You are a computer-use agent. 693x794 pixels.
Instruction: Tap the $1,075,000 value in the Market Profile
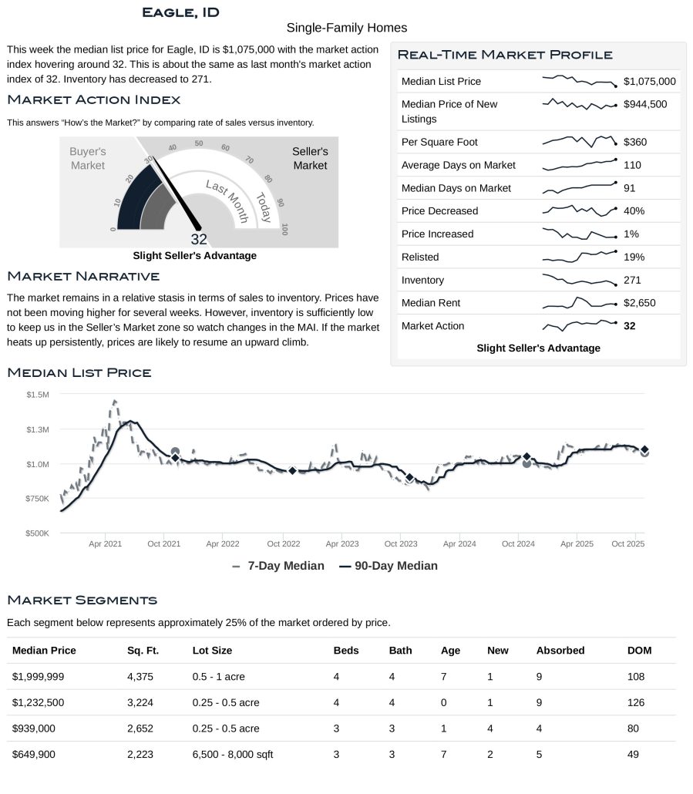click(x=649, y=81)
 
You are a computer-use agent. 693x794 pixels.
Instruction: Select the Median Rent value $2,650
click(x=639, y=303)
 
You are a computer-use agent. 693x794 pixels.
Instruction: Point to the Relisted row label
click(x=420, y=257)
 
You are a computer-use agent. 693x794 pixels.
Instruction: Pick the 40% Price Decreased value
click(x=634, y=210)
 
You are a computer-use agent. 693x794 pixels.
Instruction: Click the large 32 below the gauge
click(x=199, y=239)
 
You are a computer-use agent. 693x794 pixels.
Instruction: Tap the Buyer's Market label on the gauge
click(x=88, y=158)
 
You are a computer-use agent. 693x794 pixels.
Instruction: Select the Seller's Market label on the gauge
click(x=310, y=158)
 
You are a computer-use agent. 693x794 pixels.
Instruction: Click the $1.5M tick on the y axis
click(x=38, y=395)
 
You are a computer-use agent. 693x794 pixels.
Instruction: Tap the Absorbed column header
click(x=560, y=650)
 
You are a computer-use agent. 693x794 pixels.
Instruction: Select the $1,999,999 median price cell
click(x=38, y=676)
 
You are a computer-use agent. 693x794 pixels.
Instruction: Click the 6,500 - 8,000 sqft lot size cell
click(x=233, y=754)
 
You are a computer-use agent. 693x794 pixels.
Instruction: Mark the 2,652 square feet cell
click(x=143, y=728)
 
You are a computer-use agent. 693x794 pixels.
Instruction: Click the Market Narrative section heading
click(x=83, y=276)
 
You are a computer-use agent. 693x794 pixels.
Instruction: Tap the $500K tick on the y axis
click(x=38, y=533)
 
